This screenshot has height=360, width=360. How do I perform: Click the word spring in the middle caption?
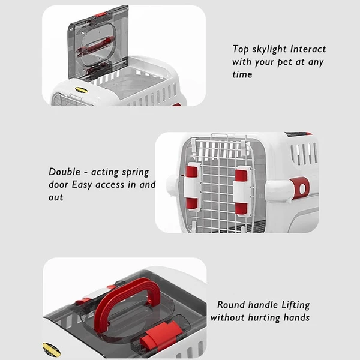pos(135,172)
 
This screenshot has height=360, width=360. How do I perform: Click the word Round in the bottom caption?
pos(231,305)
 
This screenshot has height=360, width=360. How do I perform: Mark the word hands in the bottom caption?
pos(297,317)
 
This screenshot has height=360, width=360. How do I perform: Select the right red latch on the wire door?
pos(241,191)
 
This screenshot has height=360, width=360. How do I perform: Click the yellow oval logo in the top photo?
pos(82,91)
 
